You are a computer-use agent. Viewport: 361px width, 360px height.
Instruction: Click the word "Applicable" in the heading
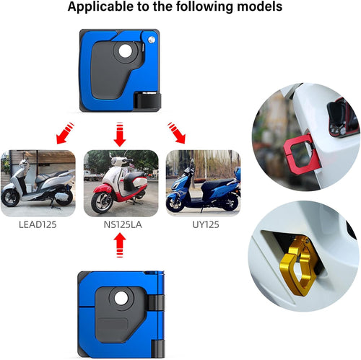100,6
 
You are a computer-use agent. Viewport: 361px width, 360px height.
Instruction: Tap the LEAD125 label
38,224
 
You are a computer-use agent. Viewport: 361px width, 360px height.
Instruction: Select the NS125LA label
123,224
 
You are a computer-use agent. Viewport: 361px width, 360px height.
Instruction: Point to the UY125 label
206,224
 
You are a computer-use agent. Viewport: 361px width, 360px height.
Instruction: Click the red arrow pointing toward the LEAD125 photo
64,133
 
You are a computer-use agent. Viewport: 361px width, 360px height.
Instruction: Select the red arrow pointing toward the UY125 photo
177,133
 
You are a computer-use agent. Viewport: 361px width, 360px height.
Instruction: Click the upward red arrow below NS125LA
120,245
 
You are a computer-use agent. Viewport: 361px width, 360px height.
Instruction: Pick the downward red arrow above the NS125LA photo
120,134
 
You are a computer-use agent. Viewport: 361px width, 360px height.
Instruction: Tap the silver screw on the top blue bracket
152,40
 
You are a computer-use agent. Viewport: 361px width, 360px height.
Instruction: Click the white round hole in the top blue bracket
126,51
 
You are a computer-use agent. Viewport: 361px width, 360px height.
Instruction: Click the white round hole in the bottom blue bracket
121,299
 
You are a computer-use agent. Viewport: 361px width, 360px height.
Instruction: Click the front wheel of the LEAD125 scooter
10,198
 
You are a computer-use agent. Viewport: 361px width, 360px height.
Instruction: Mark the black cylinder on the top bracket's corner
147,100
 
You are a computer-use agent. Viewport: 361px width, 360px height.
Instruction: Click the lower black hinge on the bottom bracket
158,348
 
